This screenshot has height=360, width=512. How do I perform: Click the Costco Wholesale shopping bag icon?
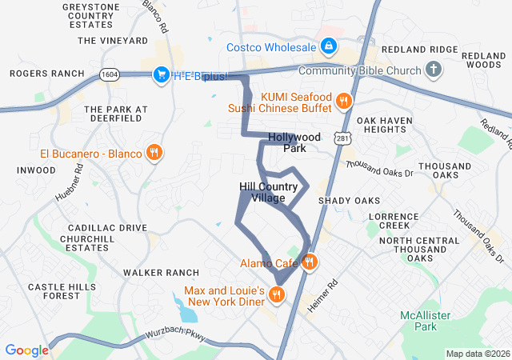tap(328, 48)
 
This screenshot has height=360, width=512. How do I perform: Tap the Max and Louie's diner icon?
tap(277, 295)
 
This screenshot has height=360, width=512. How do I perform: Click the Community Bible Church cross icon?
tap(434, 70)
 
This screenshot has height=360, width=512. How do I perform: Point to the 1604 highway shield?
tap(110, 74)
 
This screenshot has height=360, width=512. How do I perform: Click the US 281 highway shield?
tap(342, 139)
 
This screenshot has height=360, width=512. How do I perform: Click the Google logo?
tap(27, 350)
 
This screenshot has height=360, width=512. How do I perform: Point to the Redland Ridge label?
tap(420, 50)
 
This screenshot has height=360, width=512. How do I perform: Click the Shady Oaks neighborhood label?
tap(349, 200)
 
